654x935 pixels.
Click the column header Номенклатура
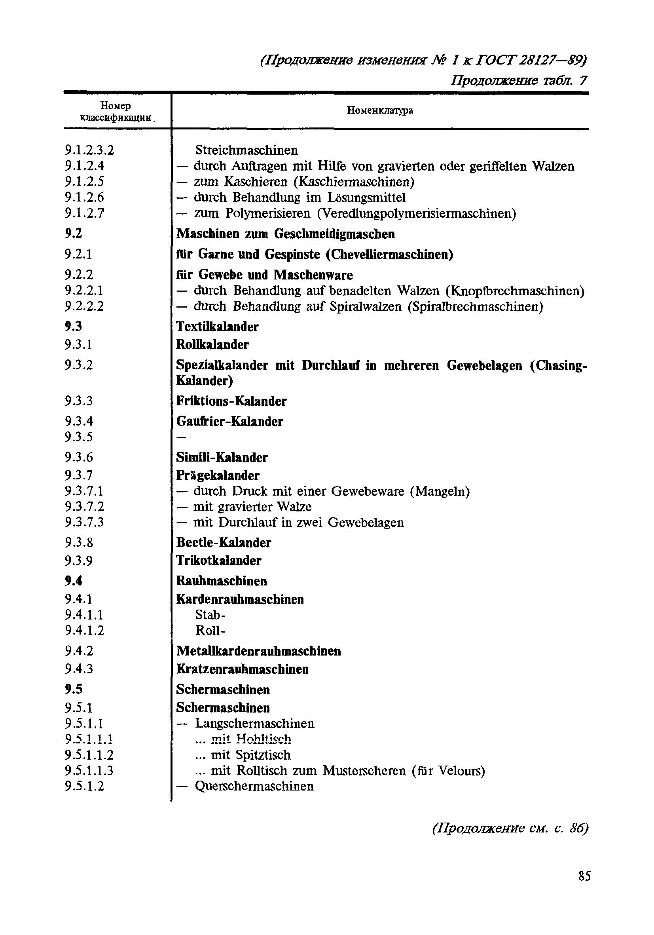coord(379,110)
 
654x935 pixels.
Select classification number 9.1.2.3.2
coord(89,150)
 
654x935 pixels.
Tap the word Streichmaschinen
coord(246,150)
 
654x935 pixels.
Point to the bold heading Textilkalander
coord(217,326)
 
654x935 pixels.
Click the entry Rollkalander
coord(212,344)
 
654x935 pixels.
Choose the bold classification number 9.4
coord(73,581)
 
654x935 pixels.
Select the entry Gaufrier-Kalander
coord(229,421)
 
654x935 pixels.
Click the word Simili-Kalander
coord(222,457)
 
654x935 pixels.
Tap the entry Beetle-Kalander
coord(223,542)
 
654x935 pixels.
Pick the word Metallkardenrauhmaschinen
coord(258,651)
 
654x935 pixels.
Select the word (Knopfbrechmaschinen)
coord(515,291)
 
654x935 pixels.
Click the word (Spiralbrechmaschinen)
coord(475,306)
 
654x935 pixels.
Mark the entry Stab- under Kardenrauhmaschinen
coord(210,614)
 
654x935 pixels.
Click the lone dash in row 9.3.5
coord(181,438)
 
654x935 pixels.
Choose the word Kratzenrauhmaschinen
coord(242,669)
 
